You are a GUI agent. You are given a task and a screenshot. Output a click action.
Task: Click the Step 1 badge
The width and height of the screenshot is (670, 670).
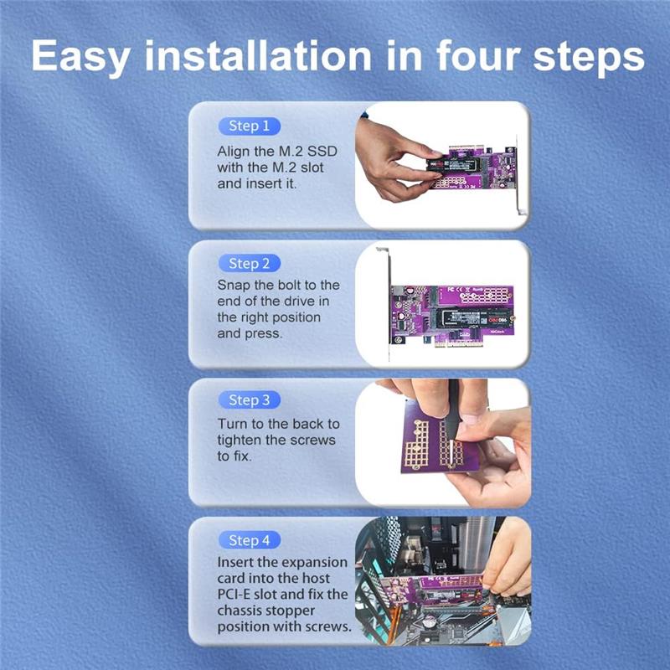click(x=249, y=126)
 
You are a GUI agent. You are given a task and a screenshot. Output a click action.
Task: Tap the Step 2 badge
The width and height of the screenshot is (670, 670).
click(x=249, y=264)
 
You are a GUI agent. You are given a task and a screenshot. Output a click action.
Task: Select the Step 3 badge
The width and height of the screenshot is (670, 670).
click(x=249, y=400)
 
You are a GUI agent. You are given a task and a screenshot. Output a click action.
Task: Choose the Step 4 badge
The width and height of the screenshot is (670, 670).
click(x=249, y=540)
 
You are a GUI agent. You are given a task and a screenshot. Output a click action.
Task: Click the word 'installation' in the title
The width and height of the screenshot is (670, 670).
click(x=259, y=55)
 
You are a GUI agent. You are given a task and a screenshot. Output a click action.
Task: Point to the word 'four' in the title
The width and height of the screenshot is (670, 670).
click(x=477, y=55)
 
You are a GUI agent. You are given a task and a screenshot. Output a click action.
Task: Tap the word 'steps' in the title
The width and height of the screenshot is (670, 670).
click(x=589, y=58)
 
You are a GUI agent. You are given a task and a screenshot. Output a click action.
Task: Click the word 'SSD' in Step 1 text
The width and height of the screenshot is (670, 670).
click(x=322, y=152)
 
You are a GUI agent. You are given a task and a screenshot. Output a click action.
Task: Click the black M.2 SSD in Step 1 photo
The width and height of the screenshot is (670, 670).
click(x=451, y=164)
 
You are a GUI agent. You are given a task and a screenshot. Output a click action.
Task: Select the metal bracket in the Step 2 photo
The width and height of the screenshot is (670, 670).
click(x=388, y=303)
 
